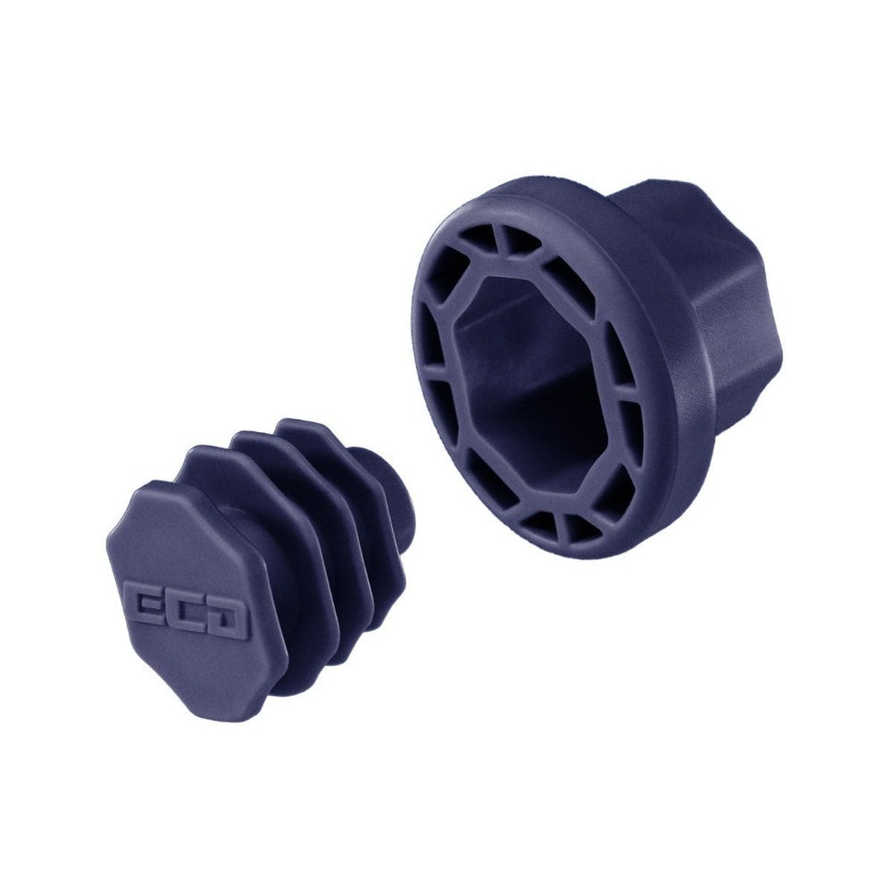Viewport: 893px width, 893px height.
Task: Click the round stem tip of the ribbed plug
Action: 402,500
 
